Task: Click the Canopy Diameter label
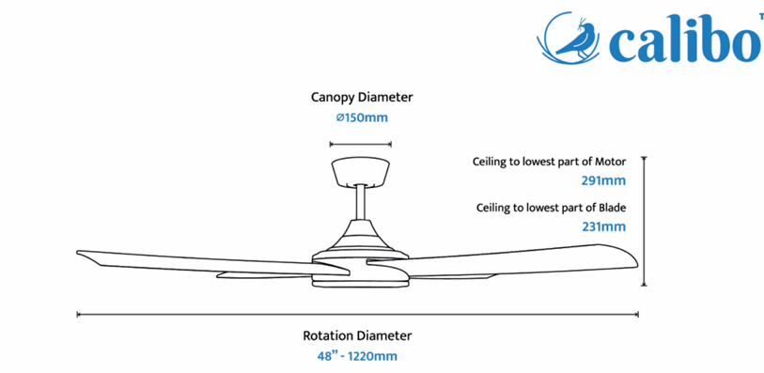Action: (x=362, y=98)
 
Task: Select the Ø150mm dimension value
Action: (x=362, y=117)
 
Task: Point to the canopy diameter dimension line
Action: (x=361, y=144)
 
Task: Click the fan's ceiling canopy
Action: (x=361, y=171)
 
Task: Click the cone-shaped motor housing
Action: (x=361, y=238)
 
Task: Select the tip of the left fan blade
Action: (x=77, y=252)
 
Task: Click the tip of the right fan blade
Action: (x=637, y=264)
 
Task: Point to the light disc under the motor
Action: (x=361, y=282)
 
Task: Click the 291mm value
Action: (x=603, y=181)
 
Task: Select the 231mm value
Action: (x=603, y=226)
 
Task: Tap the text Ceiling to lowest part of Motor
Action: (x=549, y=162)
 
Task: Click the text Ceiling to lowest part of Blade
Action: (x=551, y=208)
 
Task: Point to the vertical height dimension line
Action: (x=644, y=221)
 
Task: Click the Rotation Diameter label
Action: (x=357, y=336)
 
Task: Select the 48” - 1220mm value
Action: (x=357, y=356)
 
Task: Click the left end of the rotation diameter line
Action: (x=77, y=315)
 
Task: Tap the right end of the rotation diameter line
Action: (x=638, y=315)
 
